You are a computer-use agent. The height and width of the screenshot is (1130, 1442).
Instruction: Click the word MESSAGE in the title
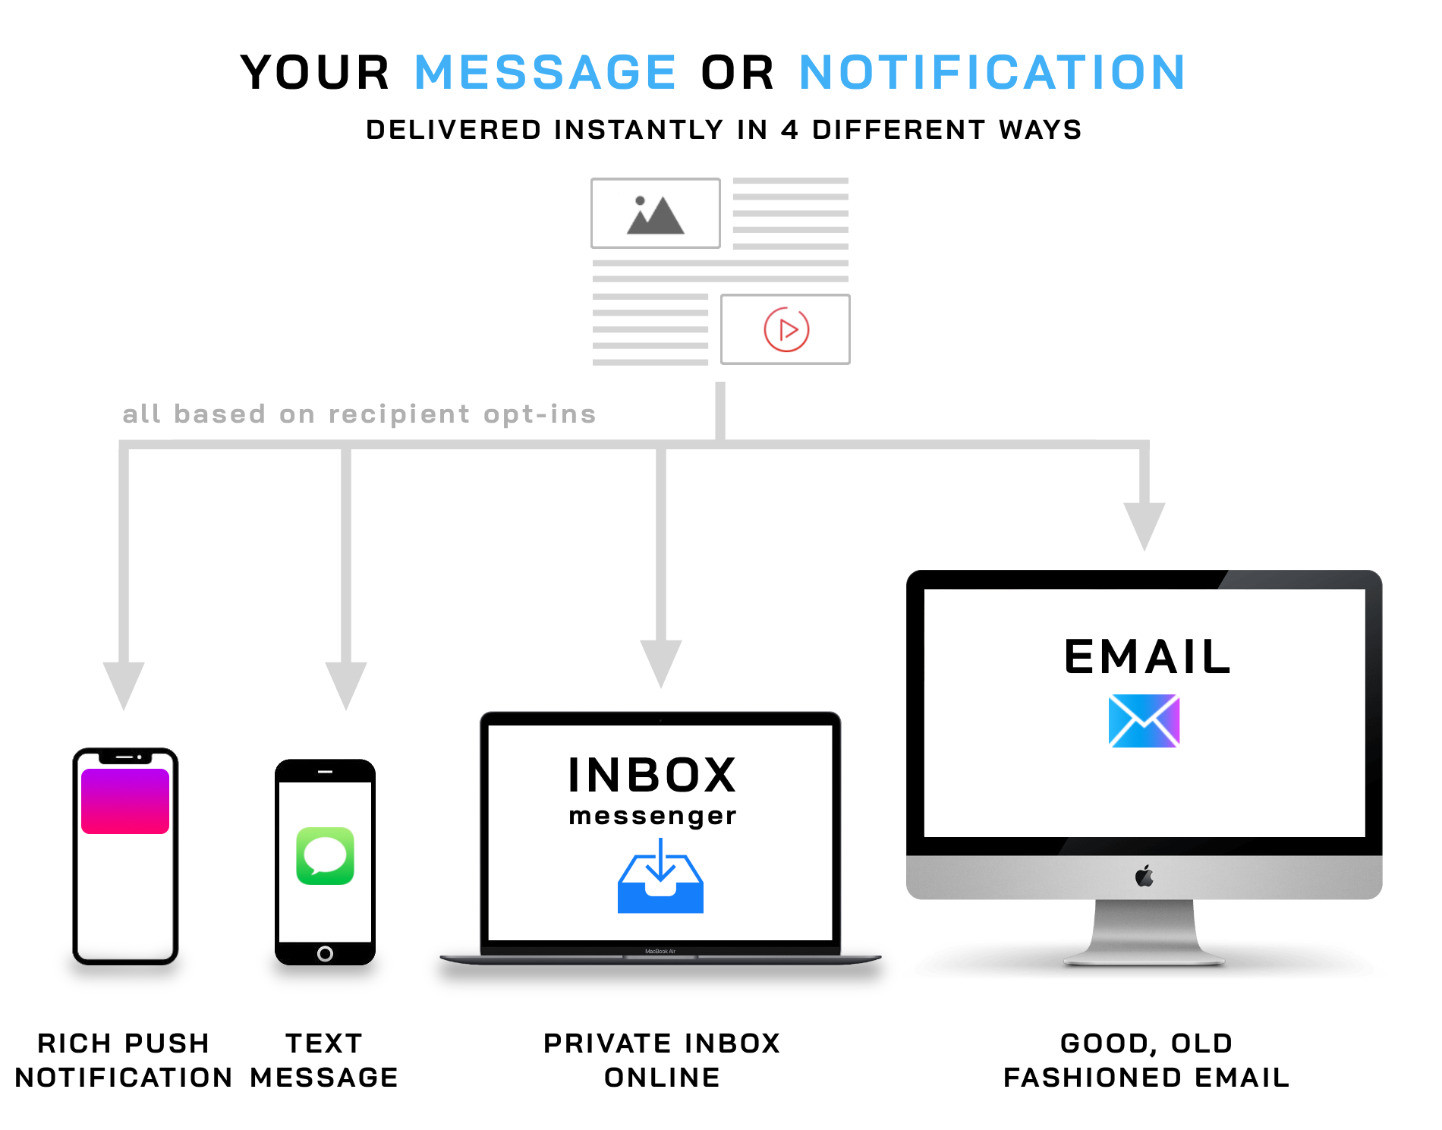[545, 73]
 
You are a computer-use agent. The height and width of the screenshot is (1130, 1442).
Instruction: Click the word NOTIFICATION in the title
[991, 73]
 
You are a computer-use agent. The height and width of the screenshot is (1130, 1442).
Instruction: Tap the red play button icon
[786, 330]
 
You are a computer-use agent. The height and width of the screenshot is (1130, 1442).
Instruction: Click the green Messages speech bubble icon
[326, 856]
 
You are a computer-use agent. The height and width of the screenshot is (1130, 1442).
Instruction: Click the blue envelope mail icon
[1144, 721]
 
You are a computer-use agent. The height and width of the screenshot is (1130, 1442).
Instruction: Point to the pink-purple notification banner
[125, 801]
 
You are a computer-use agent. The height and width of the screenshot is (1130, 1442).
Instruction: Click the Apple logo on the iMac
[1144, 877]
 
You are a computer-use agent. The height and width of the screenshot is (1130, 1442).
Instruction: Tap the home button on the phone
[325, 954]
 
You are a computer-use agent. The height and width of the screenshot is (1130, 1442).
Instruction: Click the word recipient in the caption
[399, 414]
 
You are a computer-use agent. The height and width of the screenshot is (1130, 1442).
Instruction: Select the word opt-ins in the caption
[540, 414]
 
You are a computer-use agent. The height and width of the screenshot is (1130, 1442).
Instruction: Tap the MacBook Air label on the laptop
[660, 951]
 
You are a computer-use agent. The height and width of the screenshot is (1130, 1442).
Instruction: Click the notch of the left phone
[125, 757]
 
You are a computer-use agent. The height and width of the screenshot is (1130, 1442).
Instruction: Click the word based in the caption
[219, 414]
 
